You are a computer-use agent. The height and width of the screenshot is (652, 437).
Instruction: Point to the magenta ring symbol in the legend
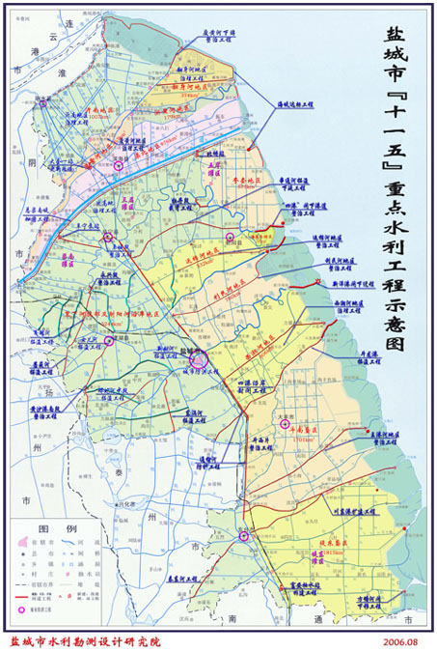click(20, 610)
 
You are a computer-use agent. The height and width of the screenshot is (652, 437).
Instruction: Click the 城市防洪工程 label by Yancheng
click(187, 369)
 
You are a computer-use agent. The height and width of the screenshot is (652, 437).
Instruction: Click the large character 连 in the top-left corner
click(68, 20)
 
